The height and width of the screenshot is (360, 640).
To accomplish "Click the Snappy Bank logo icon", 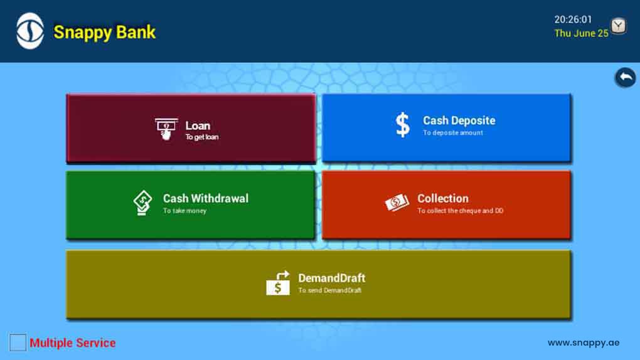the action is tap(29, 31).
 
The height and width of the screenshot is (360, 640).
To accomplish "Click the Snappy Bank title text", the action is tap(105, 32).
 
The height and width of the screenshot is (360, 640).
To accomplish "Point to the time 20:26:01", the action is tap(573, 19).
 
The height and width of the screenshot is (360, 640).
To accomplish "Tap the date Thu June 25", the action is tap(581, 33).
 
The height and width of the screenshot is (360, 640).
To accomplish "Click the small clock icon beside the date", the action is tap(619, 26).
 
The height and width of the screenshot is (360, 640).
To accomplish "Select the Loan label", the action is tap(198, 125).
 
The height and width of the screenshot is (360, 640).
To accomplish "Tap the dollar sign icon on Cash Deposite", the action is tap(402, 124).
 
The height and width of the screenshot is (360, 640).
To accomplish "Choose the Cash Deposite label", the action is tap(459, 120).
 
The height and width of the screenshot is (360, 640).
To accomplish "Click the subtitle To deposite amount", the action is tap(452, 133).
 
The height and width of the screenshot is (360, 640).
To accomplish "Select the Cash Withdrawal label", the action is tap(206, 198).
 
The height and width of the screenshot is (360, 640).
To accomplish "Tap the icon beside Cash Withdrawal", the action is tap(142, 203).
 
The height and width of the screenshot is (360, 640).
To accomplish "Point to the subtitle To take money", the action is tap(184, 211).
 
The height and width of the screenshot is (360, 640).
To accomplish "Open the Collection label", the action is tap(443, 198).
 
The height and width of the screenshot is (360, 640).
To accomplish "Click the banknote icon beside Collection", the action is tap(397, 203).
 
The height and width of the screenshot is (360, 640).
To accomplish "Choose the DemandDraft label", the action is tap(332, 278).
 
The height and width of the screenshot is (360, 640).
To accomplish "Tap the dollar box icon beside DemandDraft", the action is tap(278, 283).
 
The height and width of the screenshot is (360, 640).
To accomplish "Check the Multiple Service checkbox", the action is tap(18, 342).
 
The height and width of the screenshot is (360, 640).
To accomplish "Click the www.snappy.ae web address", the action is tap(584, 343).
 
